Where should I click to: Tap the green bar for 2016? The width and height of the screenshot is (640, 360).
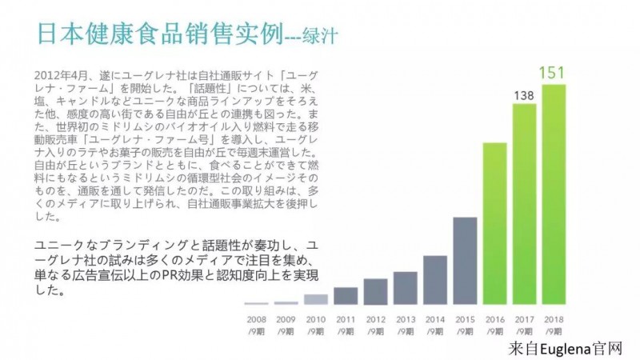click(x=494, y=223)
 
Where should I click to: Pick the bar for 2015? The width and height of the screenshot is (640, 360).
click(x=465, y=261)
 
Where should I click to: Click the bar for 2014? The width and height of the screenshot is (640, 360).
click(x=435, y=280)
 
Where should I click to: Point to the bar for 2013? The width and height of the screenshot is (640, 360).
click(x=406, y=288)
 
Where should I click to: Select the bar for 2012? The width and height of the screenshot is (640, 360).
click(x=375, y=291)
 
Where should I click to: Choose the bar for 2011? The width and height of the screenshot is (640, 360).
click(x=346, y=296)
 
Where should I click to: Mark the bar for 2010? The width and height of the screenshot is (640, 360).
click(x=316, y=299)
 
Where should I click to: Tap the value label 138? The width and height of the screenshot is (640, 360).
click(x=524, y=96)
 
